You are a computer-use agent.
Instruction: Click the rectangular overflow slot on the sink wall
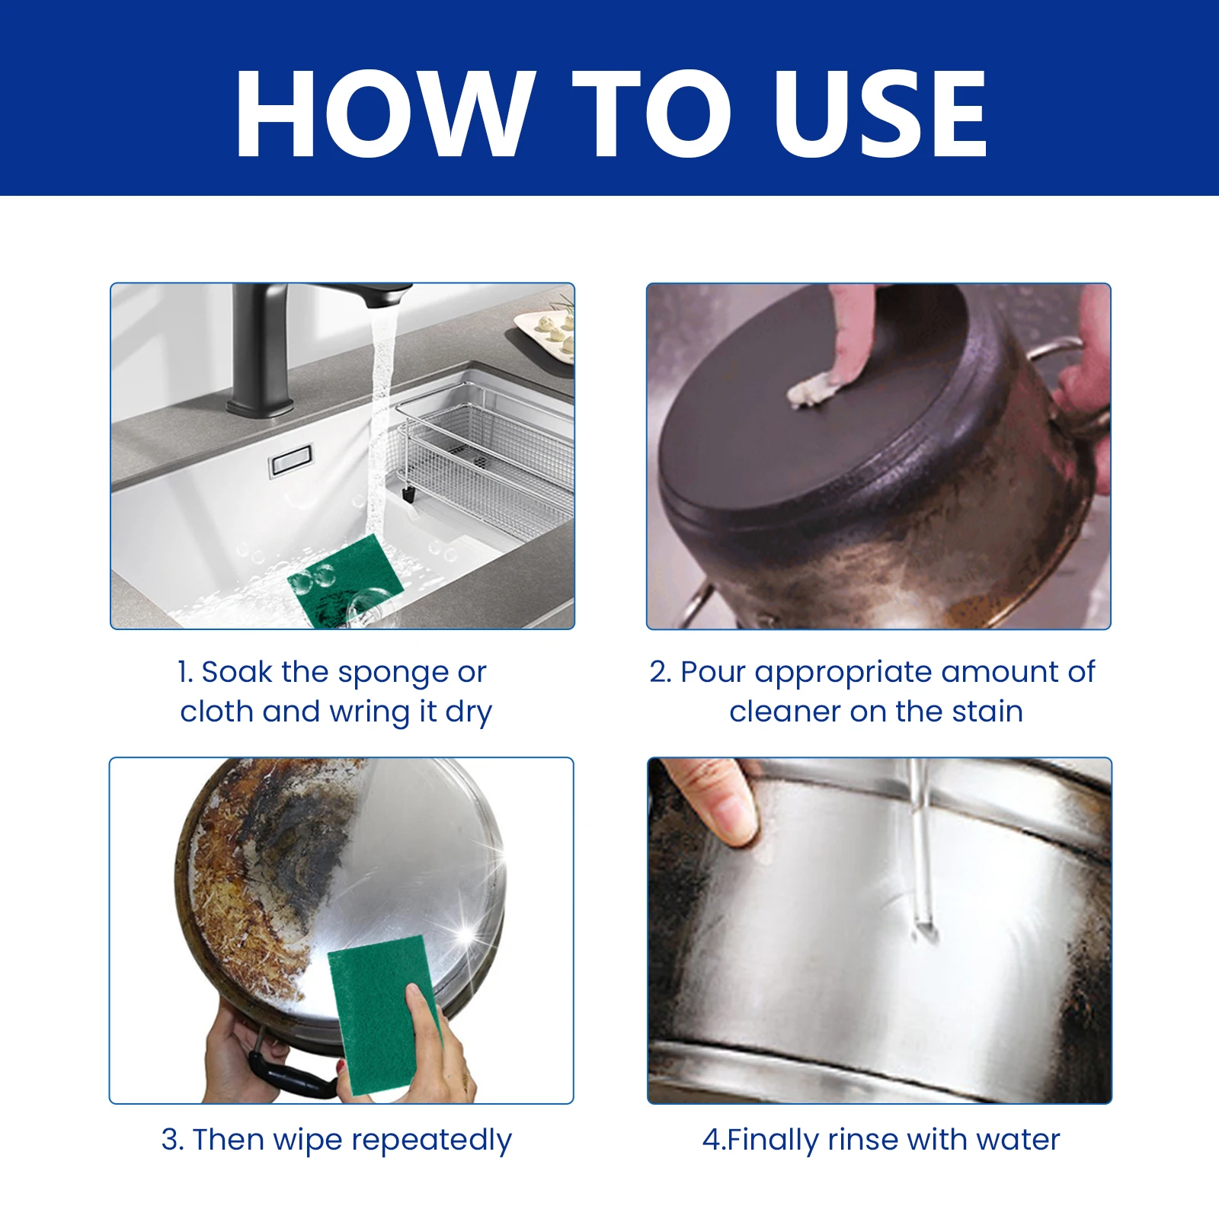(x=290, y=460)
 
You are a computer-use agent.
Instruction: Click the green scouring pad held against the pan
(x=381, y=1013)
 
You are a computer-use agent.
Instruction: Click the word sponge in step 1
(x=393, y=673)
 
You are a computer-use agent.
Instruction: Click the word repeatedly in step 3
(x=431, y=1141)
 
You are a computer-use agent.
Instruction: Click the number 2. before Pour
(x=660, y=672)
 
